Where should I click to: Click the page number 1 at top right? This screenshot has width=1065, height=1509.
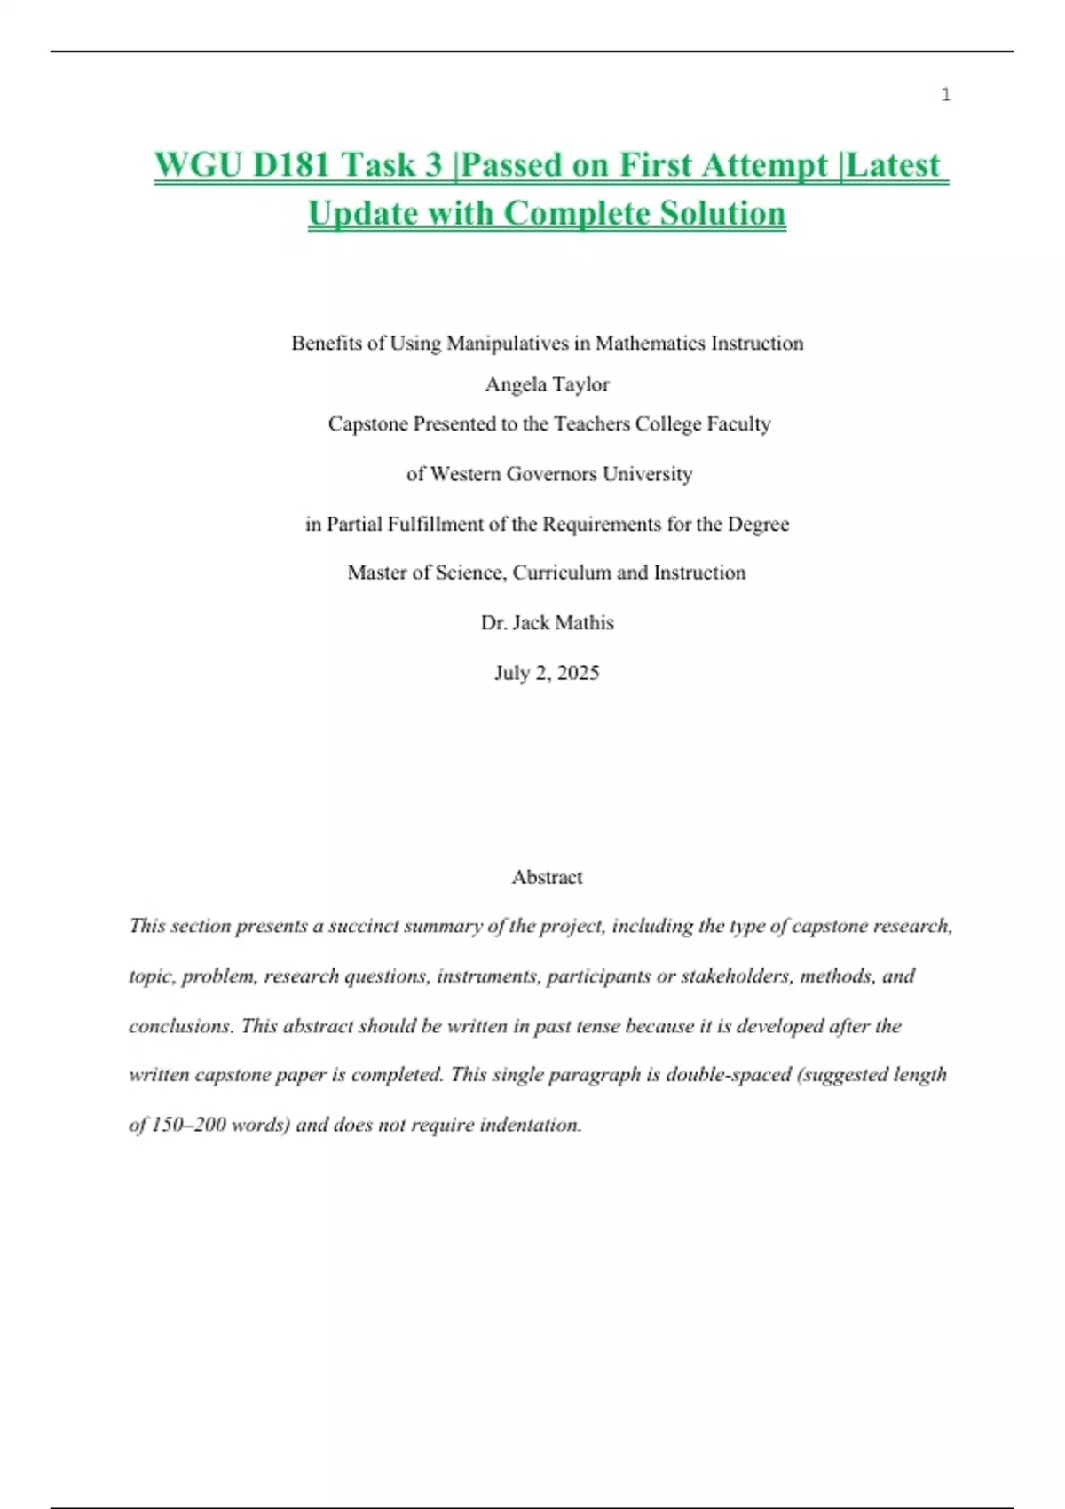click(946, 95)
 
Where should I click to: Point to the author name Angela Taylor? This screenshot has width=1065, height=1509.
click(547, 384)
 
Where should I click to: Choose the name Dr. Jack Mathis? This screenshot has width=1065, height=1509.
click(547, 623)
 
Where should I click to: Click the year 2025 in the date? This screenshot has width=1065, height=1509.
click(578, 673)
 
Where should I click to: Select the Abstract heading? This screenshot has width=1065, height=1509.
click(547, 877)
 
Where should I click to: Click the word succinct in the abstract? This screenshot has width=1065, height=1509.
click(363, 926)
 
